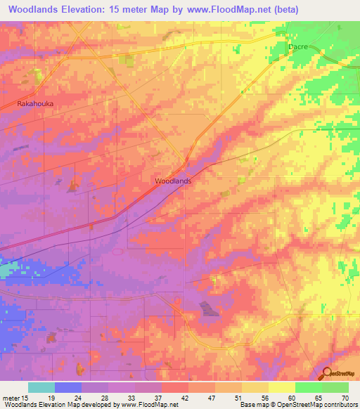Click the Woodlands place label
[x=172, y=181]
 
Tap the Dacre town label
[x=298, y=47]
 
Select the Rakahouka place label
[x=35, y=103]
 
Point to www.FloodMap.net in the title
[x=223, y=10]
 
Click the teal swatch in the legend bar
[x=41, y=387]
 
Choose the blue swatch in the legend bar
[x=68, y=387]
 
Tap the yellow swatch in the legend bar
[x=282, y=387]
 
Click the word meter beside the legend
[x=10, y=397]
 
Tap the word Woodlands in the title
[x=32, y=10]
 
